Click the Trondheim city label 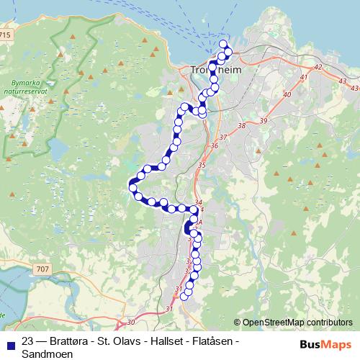click(x=219, y=70)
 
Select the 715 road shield click(x=6, y=34)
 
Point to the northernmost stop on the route click(x=223, y=46)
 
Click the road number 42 click(x=319, y=66)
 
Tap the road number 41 click(x=304, y=77)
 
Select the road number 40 click(x=287, y=94)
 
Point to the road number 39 click(x=264, y=120)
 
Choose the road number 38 click(x=241, y=126)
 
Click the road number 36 click(x=213, y=146)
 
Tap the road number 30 click(x=131, y=322)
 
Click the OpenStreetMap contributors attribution click(x=297, y=322)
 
